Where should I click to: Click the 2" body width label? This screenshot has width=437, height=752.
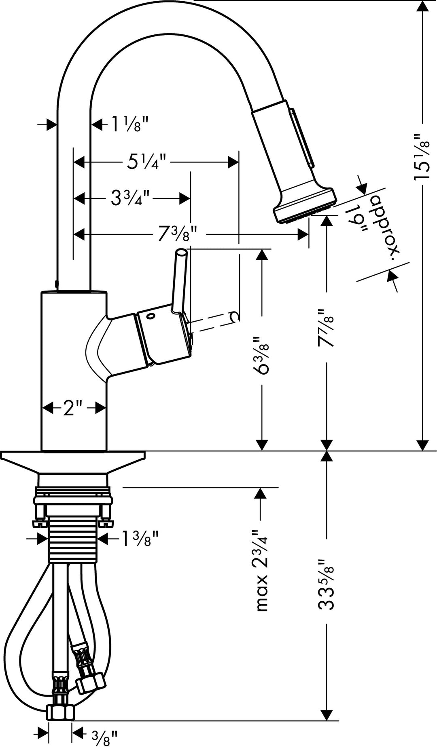[73, 408]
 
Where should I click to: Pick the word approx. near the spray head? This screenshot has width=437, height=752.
[384, 226]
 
